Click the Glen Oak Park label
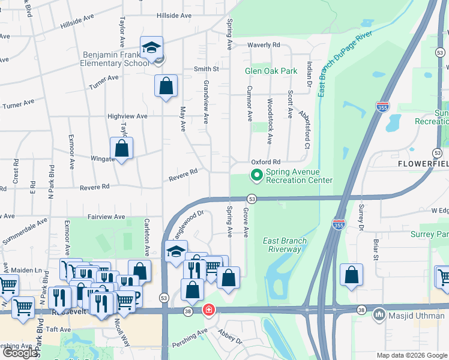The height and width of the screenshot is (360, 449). coord(271,71)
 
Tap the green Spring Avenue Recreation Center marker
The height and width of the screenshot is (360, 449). coord(256,176)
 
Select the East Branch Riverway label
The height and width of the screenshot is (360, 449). coord(285,245)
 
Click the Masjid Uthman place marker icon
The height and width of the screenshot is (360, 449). coord(379,314)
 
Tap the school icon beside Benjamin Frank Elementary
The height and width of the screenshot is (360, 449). coord(152,48)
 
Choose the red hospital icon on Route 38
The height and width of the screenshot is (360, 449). coord(208,310)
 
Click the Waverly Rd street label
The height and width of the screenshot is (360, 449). coord(265,45)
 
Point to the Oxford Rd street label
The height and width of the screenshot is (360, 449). coord(266,162)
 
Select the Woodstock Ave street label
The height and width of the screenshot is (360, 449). coord(270,121)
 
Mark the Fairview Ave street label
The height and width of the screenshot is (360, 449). coord(106,217)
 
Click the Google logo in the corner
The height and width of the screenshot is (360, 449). coord(20,353)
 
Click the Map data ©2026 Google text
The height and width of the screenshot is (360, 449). coord(412,355)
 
